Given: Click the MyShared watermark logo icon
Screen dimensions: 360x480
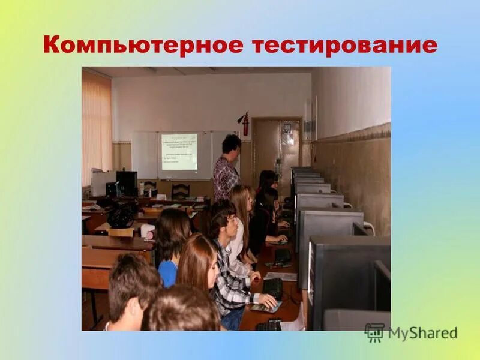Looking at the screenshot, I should (x=374, y=332).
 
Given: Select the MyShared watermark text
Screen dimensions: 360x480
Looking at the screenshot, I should (x=422, y=333).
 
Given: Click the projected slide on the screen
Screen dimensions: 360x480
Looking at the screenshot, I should (x=179, y=151).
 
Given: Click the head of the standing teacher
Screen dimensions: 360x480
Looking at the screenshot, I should (x=231, y=144).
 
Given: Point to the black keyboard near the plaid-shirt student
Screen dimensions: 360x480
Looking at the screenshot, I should (x=273, y=287).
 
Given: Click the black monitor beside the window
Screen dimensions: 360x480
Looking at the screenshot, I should (x=126, y=183).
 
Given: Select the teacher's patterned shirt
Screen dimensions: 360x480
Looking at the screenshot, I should (x=226, y=176).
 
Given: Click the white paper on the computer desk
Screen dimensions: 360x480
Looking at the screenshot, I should (x=280, y=277).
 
